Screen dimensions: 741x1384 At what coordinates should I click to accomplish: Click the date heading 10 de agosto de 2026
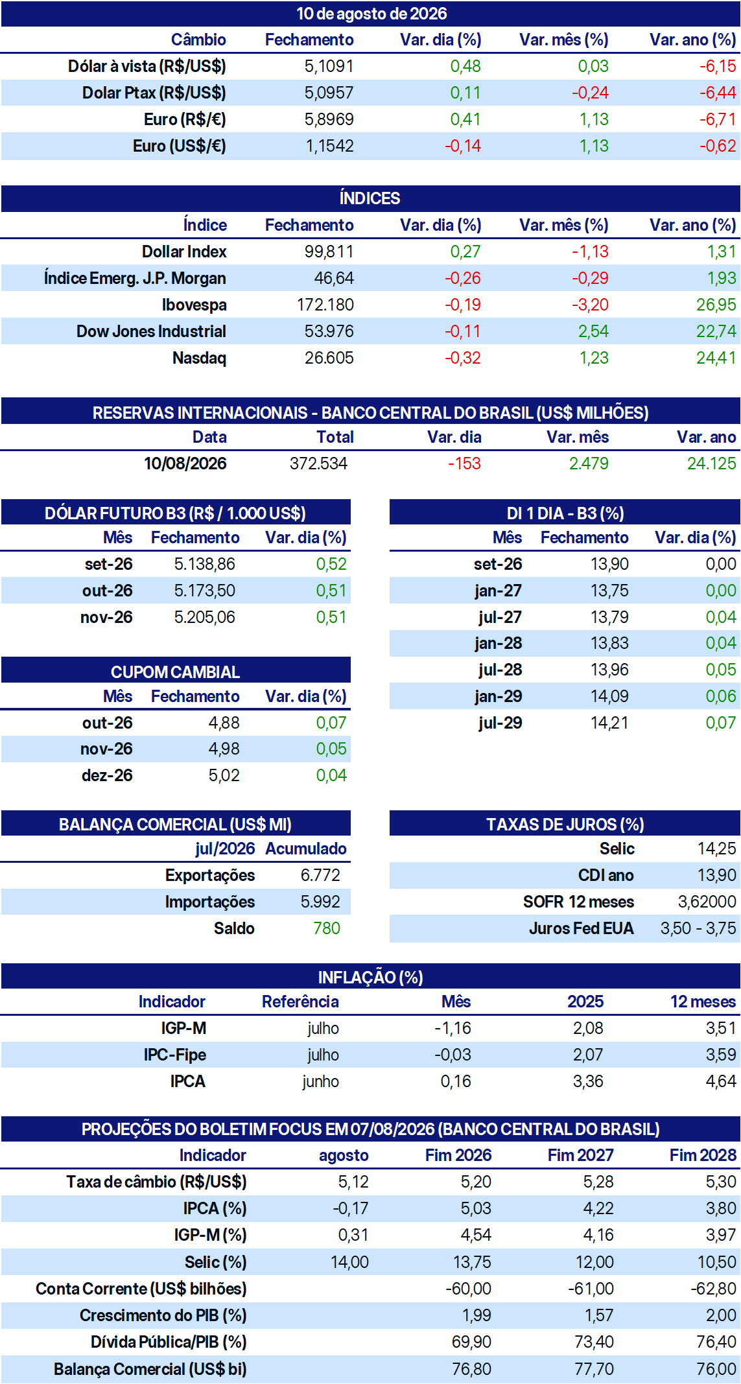pyautogui.click(x=371, y=14)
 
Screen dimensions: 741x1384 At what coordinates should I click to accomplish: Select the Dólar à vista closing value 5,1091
pyautogui.click(x=329, y=66)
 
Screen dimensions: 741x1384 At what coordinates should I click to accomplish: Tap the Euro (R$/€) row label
pyautogui.click(x=185, y=119)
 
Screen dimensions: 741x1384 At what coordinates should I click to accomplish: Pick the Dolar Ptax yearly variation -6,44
pyautogui.click(x=717, y=93)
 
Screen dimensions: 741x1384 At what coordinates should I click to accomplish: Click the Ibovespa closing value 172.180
pyautogui.click(x=325, y=305)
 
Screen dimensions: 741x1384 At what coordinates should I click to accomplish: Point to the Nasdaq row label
pyautogui.click(x=199, y=358)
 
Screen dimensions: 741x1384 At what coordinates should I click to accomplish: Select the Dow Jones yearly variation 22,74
pyautogui.click(x=716, y=331)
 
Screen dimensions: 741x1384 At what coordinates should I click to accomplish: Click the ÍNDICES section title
pyautogui.click(x=370, y=198)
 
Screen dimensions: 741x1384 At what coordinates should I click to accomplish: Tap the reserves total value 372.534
pyautogui.click(x=318, y=463)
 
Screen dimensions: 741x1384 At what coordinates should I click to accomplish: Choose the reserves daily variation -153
pyautogui.click(x=464, y=463)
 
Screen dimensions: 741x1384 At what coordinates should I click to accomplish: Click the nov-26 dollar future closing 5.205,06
pyautogui.click(x=204, y=617)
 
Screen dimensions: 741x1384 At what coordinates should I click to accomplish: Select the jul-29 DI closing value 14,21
pyautogui.click(x=609, y=723)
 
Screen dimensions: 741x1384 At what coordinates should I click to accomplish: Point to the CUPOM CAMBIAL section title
pyautogui.click(x=175, y=672)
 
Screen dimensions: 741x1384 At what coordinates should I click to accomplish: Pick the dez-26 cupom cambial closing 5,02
pyautogui.click(x=224, y=775)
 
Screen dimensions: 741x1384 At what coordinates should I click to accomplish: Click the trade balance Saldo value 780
pyautogui.click(x=327, y=928)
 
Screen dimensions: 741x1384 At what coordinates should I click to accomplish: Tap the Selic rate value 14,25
pyautogui.click(x=716, y=849)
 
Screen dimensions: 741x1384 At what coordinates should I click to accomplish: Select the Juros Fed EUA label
pyautogui.click(x=581, y=928)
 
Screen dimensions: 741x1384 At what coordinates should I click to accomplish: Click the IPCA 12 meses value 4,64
pyautogui.click(x=721, y=1081)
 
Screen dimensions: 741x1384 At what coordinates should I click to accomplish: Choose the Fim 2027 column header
pyautogui.click(x=580, y=1155)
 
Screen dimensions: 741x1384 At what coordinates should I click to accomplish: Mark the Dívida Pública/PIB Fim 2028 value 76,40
pyautogui.click(x=716, y=1342)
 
